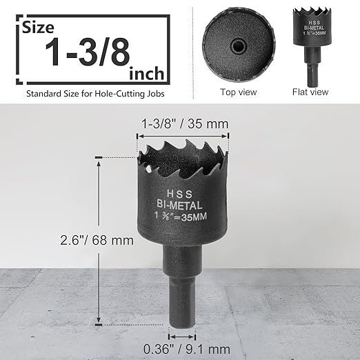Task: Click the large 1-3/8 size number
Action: click(89, 53)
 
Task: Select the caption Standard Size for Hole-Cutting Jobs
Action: click(96, 92)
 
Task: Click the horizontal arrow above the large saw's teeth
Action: click(183, 137)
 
